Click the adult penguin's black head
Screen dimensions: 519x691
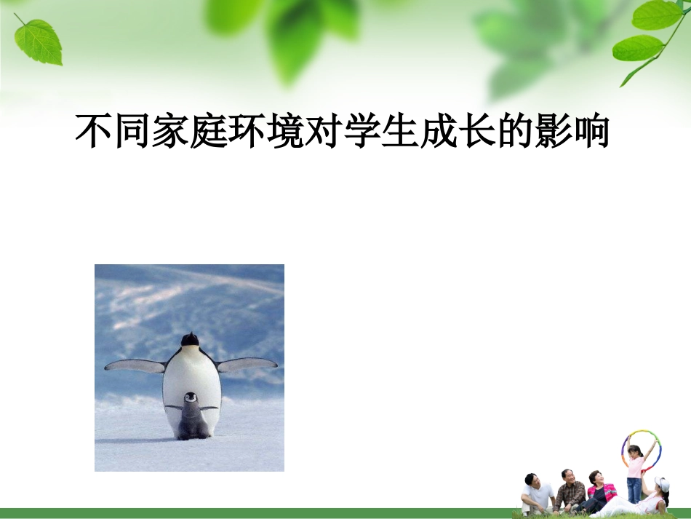(x=190, y=339)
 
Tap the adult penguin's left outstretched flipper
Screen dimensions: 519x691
(x=135, y=365)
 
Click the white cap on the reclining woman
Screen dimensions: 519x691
(x=661, y=484)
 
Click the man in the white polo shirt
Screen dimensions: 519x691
(x=537, y=495)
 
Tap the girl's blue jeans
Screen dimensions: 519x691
(x=634, y=489)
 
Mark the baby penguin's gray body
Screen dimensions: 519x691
(x=192, y=421)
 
